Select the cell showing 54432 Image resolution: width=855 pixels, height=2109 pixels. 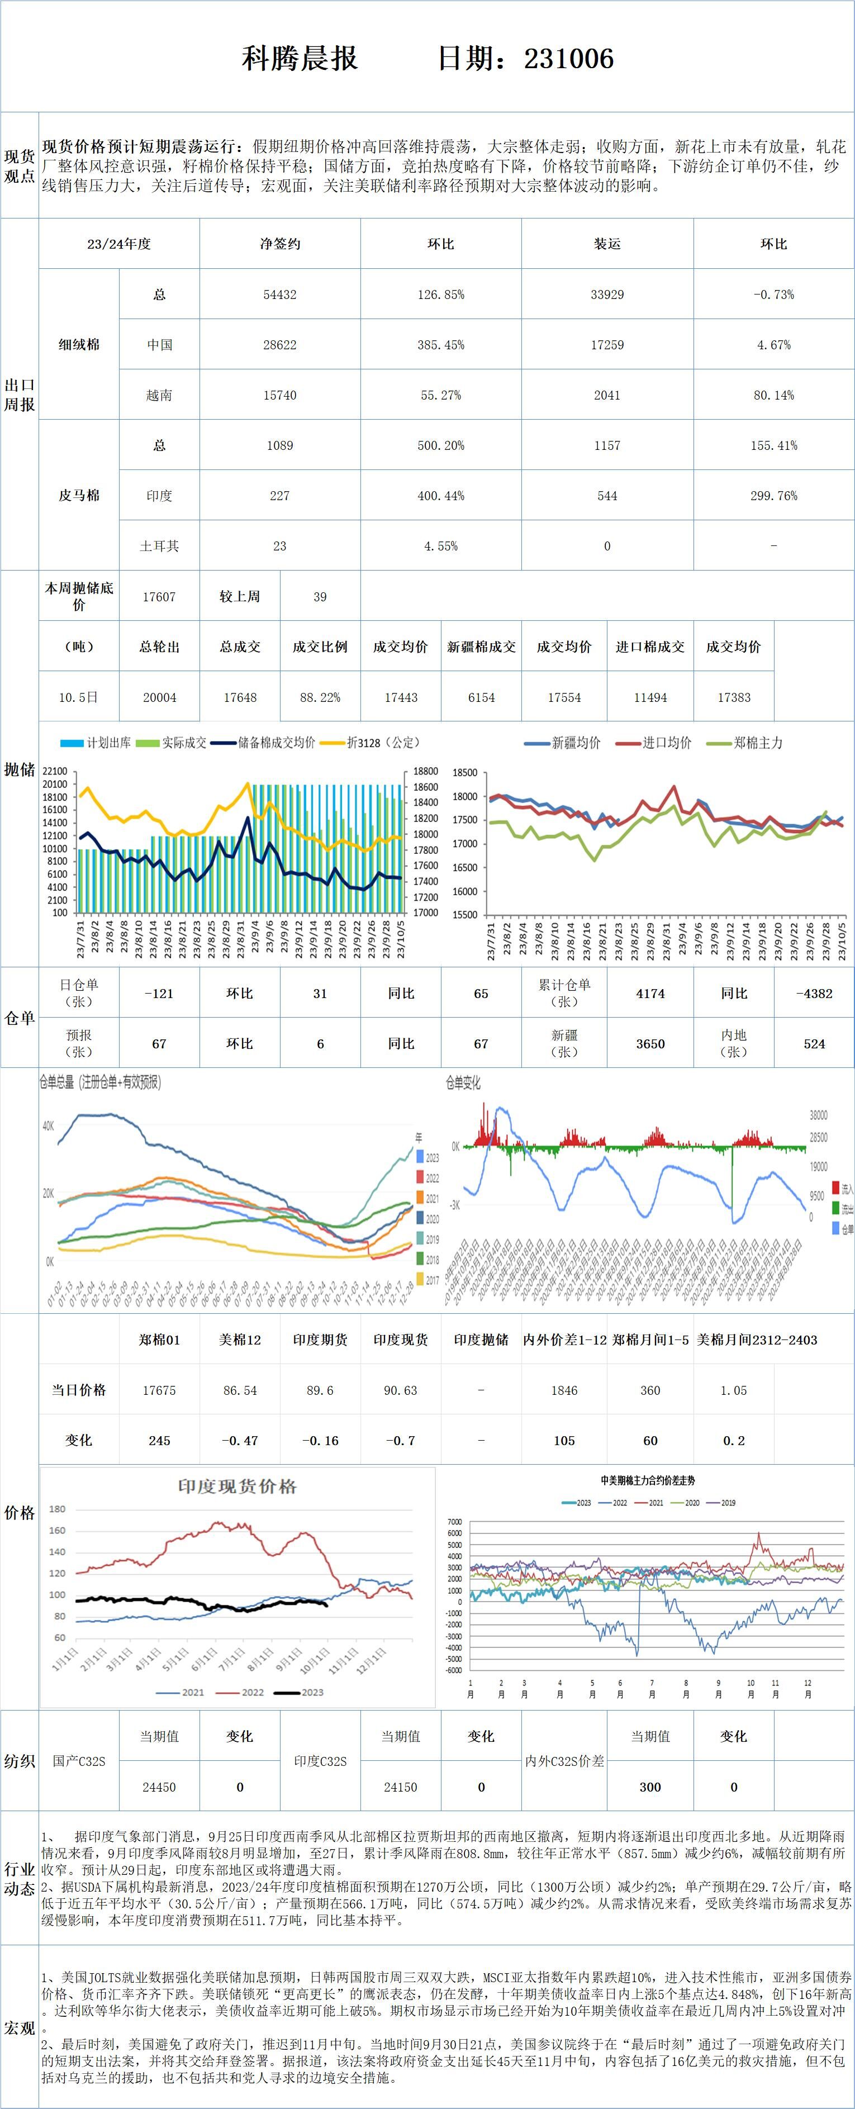tap(279, 294)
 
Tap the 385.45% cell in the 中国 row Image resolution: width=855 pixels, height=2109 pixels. tap(440, 345)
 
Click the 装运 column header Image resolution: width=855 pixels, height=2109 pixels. tap(607, 244)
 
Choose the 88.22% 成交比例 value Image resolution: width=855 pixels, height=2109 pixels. tap(320, 697)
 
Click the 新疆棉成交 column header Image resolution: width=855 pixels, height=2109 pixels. tap(482, 647)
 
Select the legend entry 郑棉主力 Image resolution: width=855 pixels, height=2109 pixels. tap(758, 743)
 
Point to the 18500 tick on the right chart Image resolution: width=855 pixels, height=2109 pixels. tap(464, 773)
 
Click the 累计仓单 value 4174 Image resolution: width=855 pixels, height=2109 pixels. tap(650, 993)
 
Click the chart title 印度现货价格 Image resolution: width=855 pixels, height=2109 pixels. tap(237, 1487)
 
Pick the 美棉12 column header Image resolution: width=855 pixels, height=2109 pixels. tap(239, 1340)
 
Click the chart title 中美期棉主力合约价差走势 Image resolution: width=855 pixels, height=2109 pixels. tap(648, 1480)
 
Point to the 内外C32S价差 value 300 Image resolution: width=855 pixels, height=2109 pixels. tap(650, 1787)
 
